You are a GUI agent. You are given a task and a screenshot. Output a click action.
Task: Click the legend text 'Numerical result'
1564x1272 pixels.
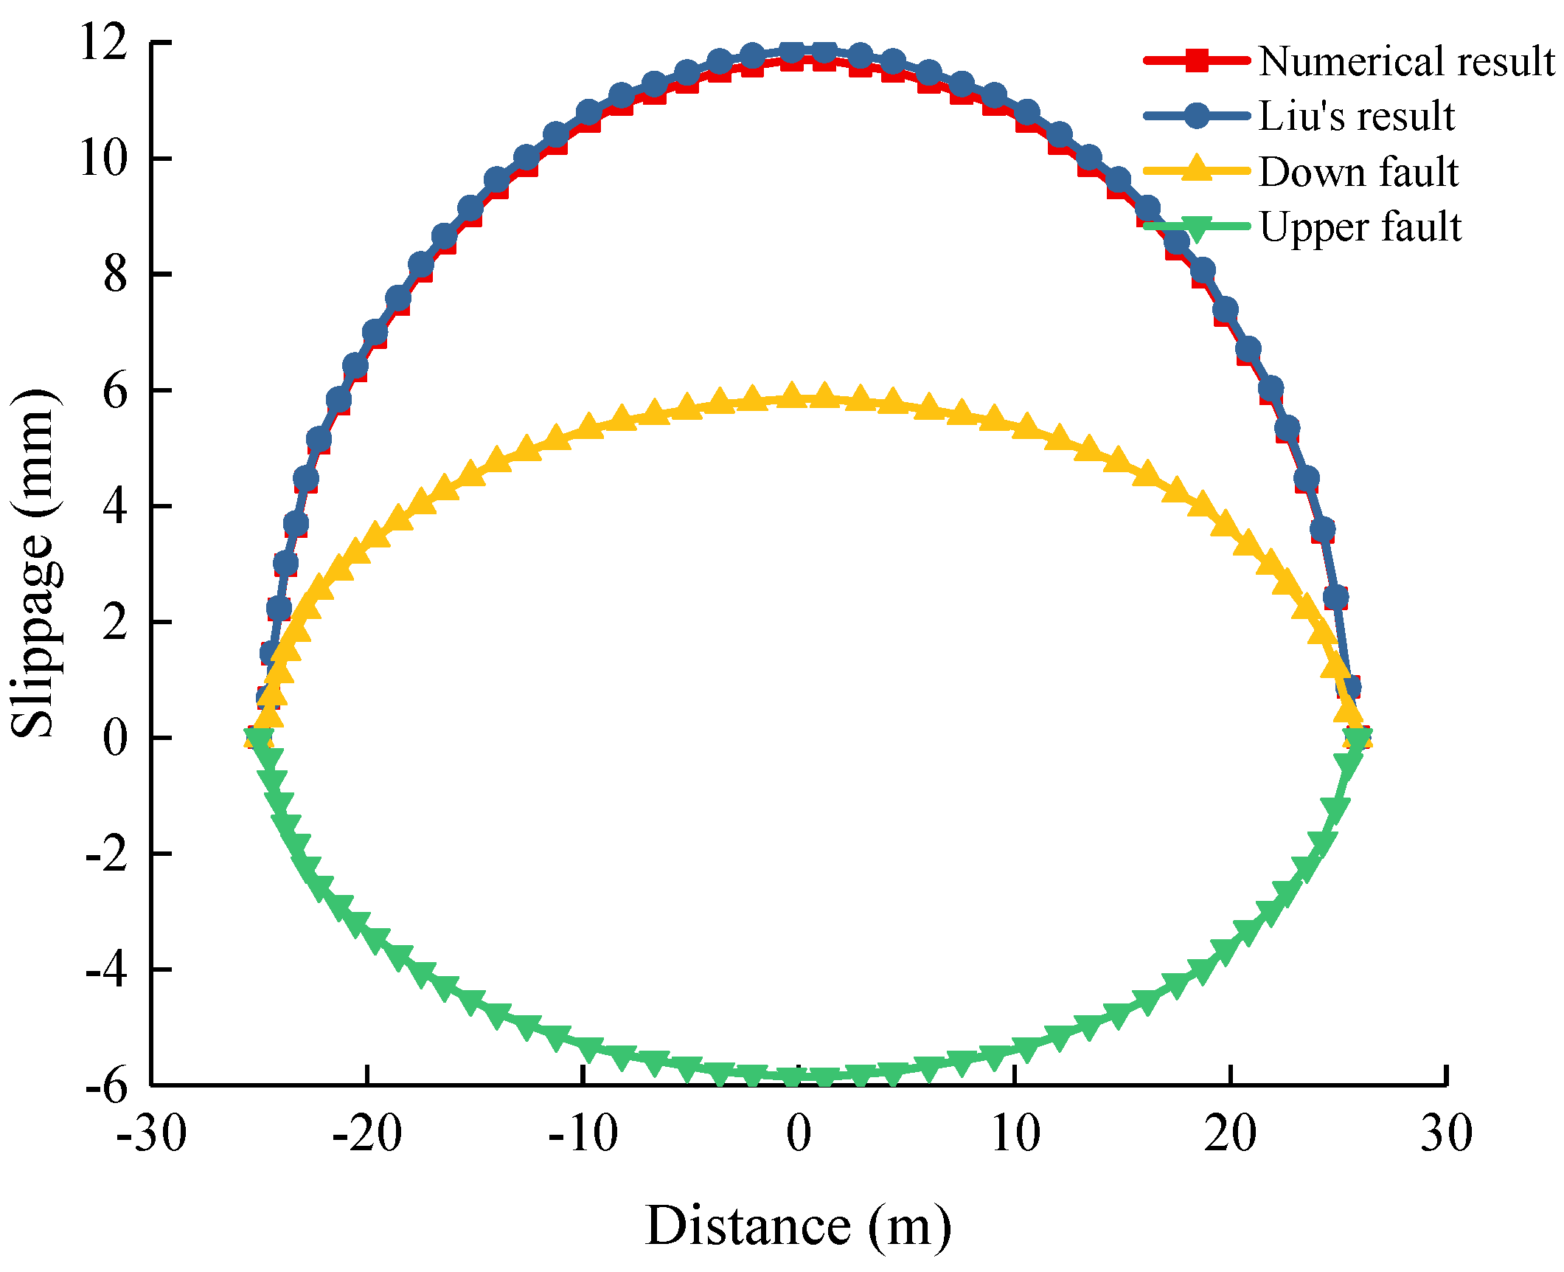coord(1406,61)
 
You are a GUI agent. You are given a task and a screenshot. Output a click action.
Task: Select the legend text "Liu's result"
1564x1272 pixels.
coord(1357,117)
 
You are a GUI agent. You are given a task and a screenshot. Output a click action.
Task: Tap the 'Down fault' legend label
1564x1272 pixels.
coord(1358,172)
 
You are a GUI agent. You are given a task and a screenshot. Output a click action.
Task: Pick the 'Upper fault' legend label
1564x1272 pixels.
coord(1360,227)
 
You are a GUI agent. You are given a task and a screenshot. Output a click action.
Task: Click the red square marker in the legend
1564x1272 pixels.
coord(1197,61)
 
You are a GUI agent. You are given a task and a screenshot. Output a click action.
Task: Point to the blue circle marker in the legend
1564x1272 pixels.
coord(1197,116)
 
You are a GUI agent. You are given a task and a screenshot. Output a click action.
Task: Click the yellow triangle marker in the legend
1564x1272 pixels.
coord(1197,169)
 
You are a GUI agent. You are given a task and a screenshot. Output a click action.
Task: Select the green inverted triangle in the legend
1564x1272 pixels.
coord(1197,228)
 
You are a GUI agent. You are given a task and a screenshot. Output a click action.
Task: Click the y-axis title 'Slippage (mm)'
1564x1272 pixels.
coord(34,562)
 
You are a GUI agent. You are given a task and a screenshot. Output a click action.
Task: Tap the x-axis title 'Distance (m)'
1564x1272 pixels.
coord(798,1225)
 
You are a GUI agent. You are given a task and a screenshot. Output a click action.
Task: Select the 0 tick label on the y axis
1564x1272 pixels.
coord(115,738)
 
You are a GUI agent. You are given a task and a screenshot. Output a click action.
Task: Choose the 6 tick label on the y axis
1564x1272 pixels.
coord(115,390)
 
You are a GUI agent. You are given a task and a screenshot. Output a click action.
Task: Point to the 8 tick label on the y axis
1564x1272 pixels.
coord(115,274)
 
